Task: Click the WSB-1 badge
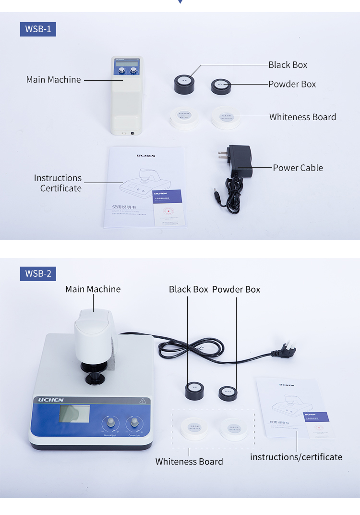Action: tap(38, 29)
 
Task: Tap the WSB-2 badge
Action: tap(38, 274)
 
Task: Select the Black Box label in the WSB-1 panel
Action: tap(288, 65)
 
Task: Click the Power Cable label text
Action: tap(298, 168)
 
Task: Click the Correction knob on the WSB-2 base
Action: tap(134, 423)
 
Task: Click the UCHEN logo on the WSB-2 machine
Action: tap(51, 400)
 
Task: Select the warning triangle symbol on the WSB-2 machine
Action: tap(143, 400)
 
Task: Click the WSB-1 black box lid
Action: tap(184, 80)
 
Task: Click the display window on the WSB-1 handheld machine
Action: tap(125, 63)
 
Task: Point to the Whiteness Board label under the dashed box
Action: tap(189, 462)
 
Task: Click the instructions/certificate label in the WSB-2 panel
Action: tap(296, 457)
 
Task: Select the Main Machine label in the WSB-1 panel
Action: tap(53, 80)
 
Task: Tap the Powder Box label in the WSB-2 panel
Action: tap(236, 289)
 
